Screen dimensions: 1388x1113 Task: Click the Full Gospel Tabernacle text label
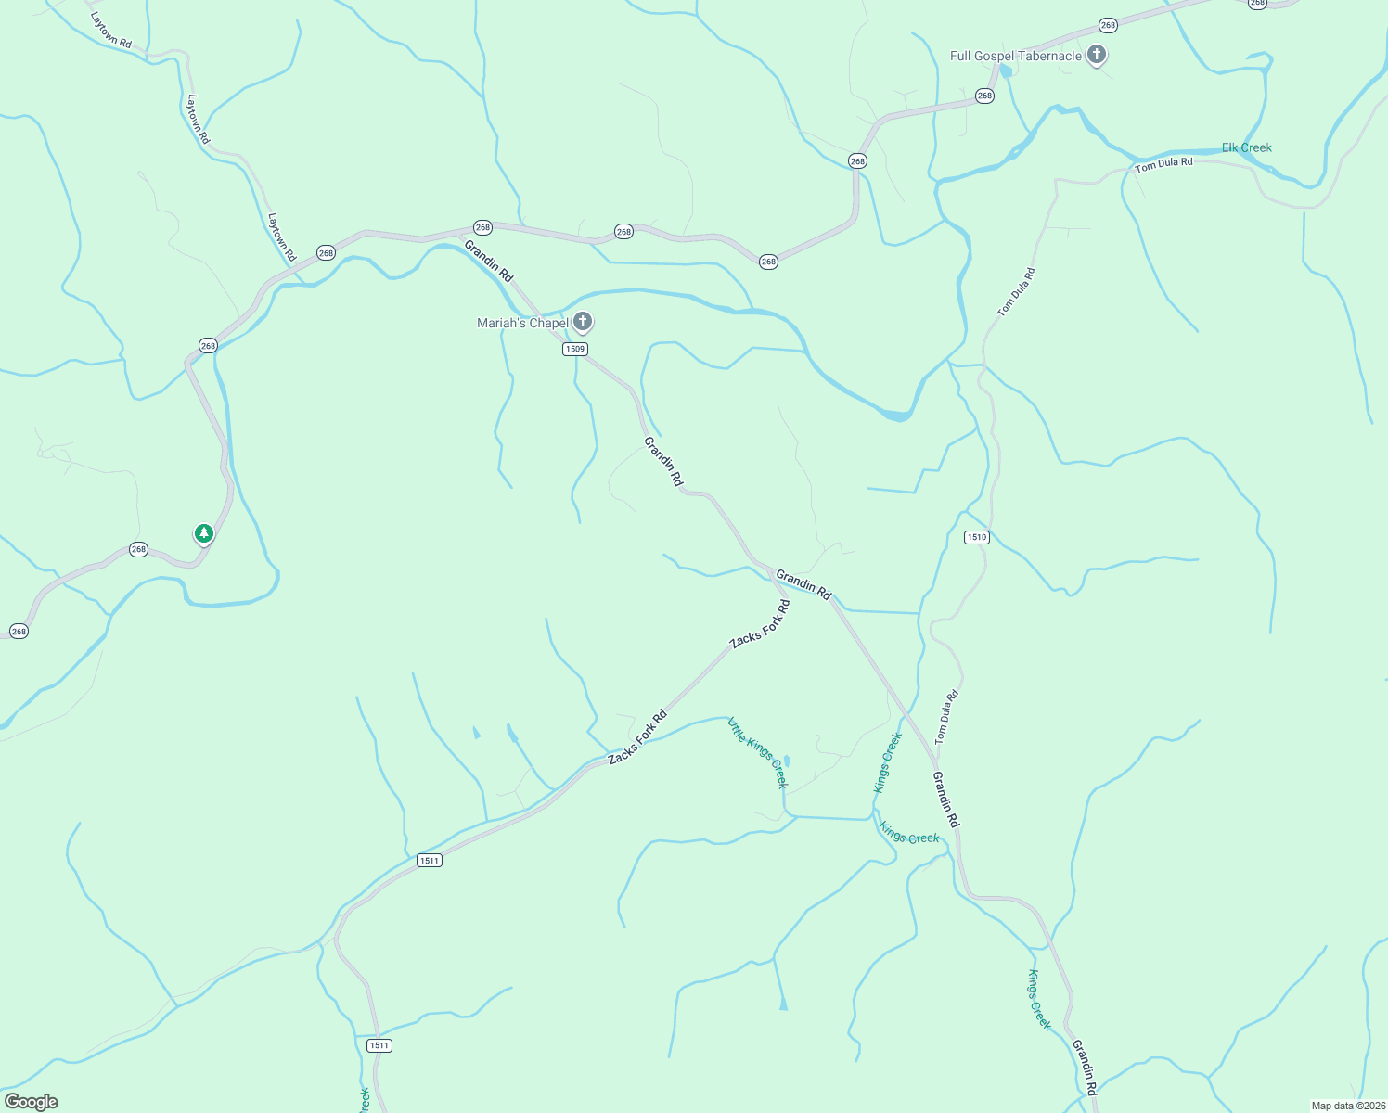[1015, 57]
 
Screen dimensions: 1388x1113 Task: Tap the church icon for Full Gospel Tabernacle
[1097, 55]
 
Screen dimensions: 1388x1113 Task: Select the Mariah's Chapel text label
[522, 323]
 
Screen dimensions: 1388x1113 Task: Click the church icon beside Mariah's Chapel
[583, 322]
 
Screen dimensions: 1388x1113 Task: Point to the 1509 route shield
[575, 349]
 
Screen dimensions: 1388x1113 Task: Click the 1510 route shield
[976, 537]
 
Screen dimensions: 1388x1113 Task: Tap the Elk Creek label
[1246, 147]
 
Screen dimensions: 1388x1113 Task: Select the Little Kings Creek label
[758, 752]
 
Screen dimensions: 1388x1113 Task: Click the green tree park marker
[204, 534]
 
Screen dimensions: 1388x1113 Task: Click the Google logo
[32, 1102]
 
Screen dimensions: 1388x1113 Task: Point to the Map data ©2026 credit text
[1346, 1106]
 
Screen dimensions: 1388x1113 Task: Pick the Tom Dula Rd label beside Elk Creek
[1163, 164]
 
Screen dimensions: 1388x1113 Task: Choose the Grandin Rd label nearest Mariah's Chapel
[488, 261]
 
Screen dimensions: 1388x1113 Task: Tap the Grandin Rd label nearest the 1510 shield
[803, 583]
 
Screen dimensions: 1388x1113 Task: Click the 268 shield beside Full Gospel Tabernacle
[1107, 25]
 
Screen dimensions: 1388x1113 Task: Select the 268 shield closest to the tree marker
[138, 549]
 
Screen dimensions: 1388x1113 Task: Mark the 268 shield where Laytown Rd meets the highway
[326, 252]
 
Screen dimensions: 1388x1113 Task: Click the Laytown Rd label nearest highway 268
[281, 237]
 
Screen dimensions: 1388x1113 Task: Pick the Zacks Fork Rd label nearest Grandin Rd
[760, 624]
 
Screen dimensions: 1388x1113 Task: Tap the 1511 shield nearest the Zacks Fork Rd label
[429, 861]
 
